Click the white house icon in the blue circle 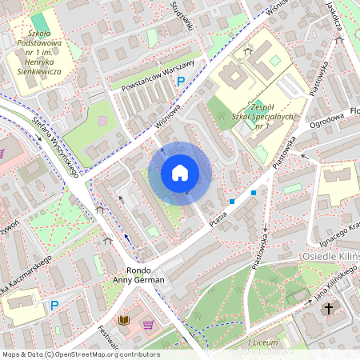click(x=180, y=173)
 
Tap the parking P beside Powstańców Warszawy click(x=182, y=81)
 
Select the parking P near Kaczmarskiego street click(x=55, y=306)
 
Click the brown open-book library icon click(x=123, y=321)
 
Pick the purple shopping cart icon click(x=148, y=325)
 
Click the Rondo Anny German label click(x=138, y=275)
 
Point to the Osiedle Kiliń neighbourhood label click(x=331, y=255)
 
